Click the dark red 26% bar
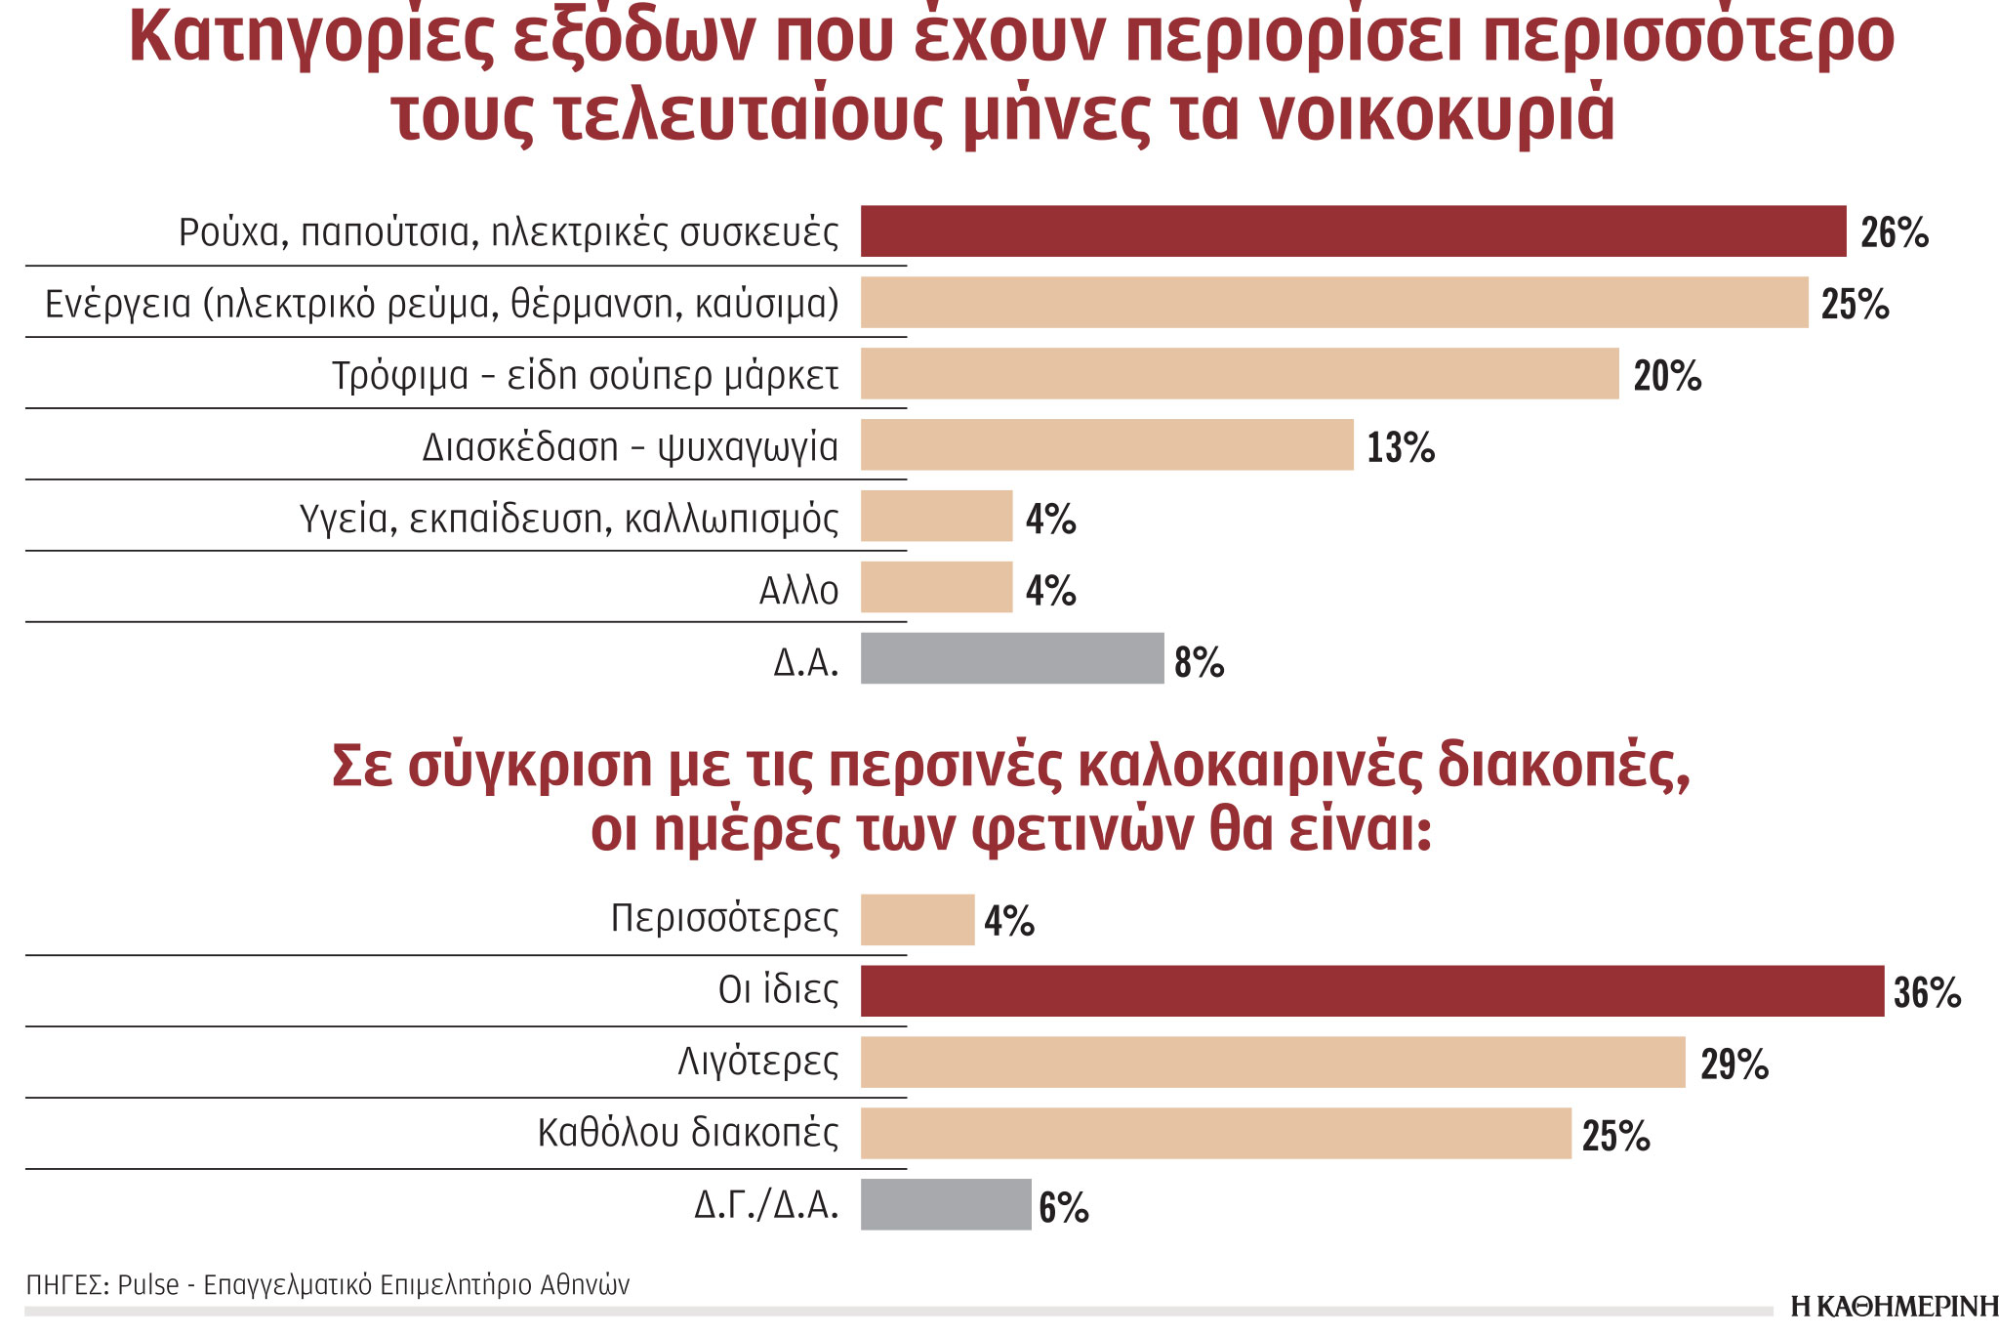coord(1353,231)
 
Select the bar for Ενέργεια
coord(1333,303)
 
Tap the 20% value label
coord(1667,376)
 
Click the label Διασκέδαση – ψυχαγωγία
coord(630,447)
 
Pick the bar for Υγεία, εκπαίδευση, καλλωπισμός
coord(936,517)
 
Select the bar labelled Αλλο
coord(936,588)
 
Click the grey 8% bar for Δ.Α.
coord(1011,659)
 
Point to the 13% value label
coord(1401,448)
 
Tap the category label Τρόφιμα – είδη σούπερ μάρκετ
coord(585,376)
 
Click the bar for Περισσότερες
coord(917,920)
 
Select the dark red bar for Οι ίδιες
coord(1371,991)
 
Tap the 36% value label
coord(1927,993)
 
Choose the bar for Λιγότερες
coord(1272,1063)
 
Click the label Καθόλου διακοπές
coord(687,1133)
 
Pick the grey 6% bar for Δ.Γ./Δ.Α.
coord(945,1205)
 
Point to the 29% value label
coord(1734,1065)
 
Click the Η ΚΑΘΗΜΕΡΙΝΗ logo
coord(1893,1307)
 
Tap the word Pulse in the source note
coord(147,1285)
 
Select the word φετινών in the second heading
coord(1081,831)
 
